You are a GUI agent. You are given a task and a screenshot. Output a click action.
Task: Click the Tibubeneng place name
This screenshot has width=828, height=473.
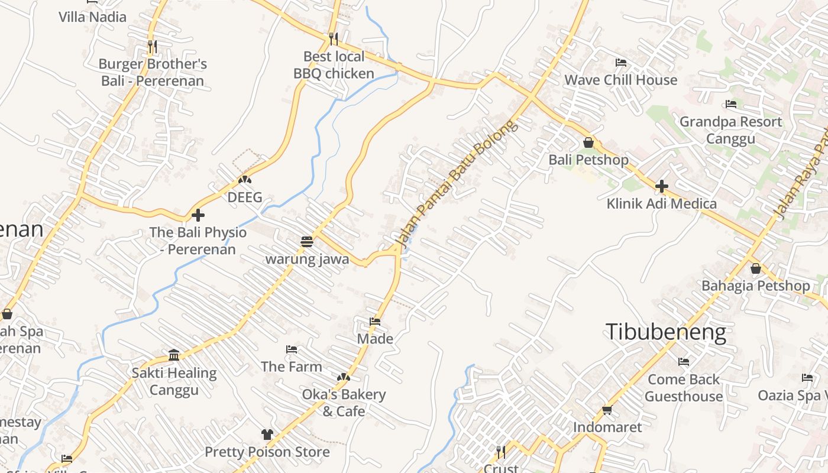click(x=665, y=332)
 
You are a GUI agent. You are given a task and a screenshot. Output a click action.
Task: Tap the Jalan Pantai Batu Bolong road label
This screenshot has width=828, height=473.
click(x=455, y=183)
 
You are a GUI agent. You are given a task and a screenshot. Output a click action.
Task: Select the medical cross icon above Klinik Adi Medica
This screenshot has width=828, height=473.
click(x=661, y=186)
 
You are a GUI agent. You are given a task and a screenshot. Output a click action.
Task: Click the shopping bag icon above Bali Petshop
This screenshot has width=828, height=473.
click(x=588, y=142)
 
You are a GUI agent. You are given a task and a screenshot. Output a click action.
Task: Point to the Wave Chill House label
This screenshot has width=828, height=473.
click(x=620, y=80)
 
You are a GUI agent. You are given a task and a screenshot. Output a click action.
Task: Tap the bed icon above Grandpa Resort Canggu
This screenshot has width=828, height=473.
click(x=731, y=105)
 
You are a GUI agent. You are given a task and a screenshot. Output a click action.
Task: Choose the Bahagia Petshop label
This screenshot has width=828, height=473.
click(x=755, y=286)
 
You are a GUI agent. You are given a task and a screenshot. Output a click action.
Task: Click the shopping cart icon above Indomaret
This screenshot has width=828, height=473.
click(x=607, y=410)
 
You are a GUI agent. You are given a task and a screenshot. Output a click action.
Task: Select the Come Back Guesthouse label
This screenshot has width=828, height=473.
click(x=684, y=387)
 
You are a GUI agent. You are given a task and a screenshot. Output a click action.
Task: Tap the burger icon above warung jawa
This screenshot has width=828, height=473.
click(x=306, y=242)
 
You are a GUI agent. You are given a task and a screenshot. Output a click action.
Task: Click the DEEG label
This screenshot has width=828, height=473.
click(x=245, y=197)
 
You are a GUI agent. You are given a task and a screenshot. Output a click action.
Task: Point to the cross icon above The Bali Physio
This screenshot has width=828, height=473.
click(x=198, y=215)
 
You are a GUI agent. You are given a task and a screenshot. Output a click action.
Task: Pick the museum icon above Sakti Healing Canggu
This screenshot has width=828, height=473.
click(x=174, y=355)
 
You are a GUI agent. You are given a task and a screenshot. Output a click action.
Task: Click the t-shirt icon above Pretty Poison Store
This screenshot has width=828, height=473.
click(x=267, y=435)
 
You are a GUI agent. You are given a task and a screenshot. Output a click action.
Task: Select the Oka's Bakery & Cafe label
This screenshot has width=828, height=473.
click(x=344, y=402)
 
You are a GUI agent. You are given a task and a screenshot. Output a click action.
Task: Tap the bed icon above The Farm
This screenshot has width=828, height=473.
click(x=292, y=349)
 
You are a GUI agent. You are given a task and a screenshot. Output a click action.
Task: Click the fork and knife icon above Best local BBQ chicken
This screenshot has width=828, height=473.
click(x=334, y=39)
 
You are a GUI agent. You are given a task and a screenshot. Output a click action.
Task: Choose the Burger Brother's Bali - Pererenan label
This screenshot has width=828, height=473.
click(x=153, y=72)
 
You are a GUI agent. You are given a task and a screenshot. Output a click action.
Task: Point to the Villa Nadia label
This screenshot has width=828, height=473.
click(x=92, y=17)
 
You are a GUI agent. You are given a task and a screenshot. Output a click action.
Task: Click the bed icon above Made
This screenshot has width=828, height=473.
click(x=375, y=322)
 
